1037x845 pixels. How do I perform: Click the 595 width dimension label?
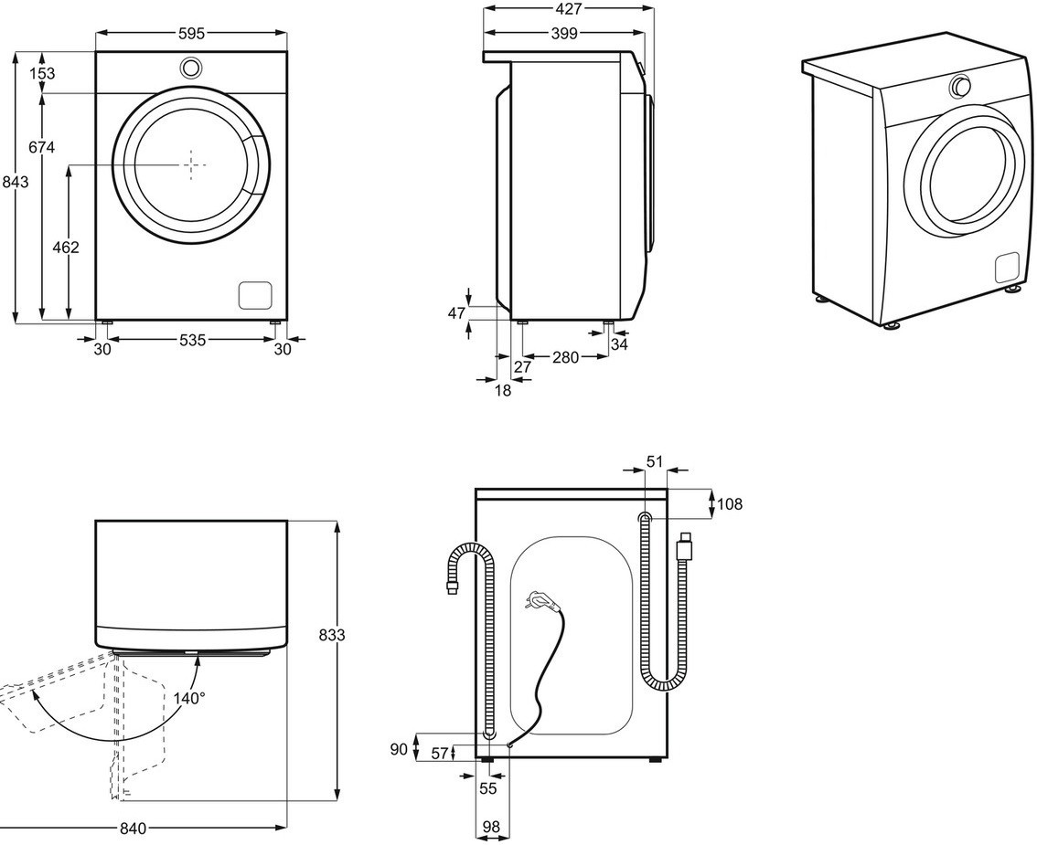(x=192, y=33)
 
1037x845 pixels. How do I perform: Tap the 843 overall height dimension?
(x=16, y=182)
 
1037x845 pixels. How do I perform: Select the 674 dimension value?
(x=42, y=147)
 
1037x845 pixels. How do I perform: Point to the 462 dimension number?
(x=67, y=247)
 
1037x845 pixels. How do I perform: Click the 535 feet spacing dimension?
(x=192, y=340)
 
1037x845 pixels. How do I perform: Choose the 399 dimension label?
(x=564, y=33)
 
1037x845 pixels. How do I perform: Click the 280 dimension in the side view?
(x=565, y=357)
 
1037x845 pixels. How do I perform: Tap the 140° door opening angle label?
(x=189, y=697)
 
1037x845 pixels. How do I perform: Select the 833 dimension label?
(x=332, y=635)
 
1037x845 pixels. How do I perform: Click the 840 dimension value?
(x=133, y=829)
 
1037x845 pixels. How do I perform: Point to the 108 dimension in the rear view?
(x=730, y=503)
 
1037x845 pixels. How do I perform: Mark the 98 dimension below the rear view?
(x=491, y=826)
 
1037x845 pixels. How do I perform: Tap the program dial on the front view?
(x=191, y=67)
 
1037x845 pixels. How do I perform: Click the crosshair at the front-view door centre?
(x=191, y=164)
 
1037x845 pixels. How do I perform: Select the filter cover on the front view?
(x=255, y=295)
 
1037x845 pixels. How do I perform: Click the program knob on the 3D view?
(x=960, y=86)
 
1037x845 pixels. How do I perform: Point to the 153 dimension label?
(x=42, y=73)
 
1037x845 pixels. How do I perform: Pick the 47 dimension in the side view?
(x=456, y=313)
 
